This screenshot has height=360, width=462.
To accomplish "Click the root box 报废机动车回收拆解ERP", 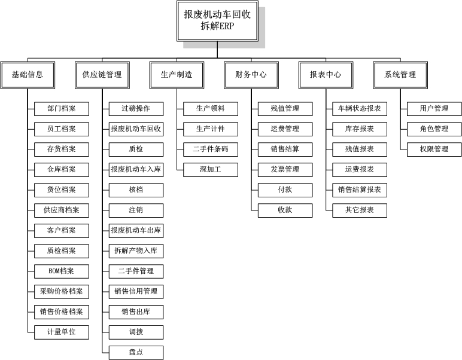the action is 217,21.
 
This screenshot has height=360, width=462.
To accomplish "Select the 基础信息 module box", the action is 28,75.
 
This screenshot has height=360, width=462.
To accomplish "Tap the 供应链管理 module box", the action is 102,75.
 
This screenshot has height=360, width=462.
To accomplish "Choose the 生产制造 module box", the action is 177,75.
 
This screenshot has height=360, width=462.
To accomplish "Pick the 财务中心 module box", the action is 251,75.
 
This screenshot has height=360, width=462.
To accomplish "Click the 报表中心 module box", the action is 326,75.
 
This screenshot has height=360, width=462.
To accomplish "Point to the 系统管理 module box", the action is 400,75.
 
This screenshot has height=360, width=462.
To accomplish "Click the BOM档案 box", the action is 62,271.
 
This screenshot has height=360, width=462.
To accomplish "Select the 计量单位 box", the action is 62,332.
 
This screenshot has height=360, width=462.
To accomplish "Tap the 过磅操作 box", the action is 136,109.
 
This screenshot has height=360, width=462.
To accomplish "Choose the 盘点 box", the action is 136,353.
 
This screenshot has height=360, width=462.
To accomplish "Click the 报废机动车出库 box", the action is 136,231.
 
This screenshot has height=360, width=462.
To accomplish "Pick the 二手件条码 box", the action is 211,150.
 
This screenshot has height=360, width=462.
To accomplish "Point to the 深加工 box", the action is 211,170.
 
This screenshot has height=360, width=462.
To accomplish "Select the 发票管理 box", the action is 285,170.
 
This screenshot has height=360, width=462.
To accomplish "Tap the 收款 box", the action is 285,210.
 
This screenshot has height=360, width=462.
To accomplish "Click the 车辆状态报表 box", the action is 360,109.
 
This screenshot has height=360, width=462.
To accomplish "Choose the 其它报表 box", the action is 360,210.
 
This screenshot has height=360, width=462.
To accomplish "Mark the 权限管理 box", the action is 434,150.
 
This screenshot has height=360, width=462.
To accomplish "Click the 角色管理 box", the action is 434,129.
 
